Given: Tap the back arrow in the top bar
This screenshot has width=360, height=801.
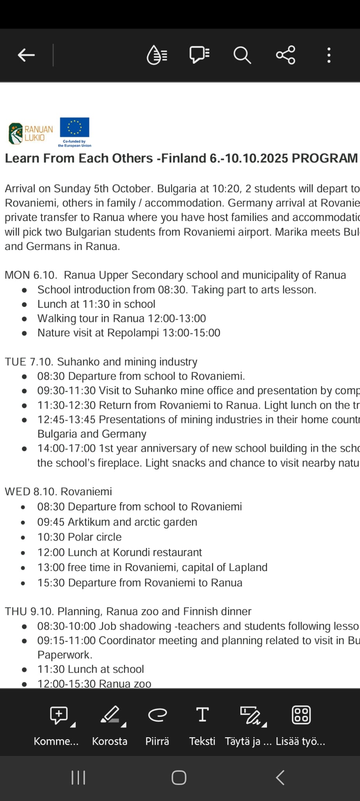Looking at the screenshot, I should point(26,55).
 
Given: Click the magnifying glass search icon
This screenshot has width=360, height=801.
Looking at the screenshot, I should point(242,55).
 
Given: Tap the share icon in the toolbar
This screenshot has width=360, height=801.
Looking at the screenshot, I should point(285,55).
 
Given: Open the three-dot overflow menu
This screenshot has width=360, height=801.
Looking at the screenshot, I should point(329,55).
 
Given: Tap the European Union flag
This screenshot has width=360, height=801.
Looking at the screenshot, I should point(74,128).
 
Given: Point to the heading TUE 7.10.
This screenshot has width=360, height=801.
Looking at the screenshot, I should point(29,362).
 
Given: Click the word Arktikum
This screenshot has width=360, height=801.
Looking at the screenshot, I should point(89,522).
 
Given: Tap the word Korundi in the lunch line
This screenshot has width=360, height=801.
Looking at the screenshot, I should point(131,552).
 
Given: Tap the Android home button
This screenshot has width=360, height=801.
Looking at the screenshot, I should point(179,778).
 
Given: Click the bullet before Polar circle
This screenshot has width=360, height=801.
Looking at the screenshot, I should point(23,538).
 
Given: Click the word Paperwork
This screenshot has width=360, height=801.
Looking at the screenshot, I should point(64,655).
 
